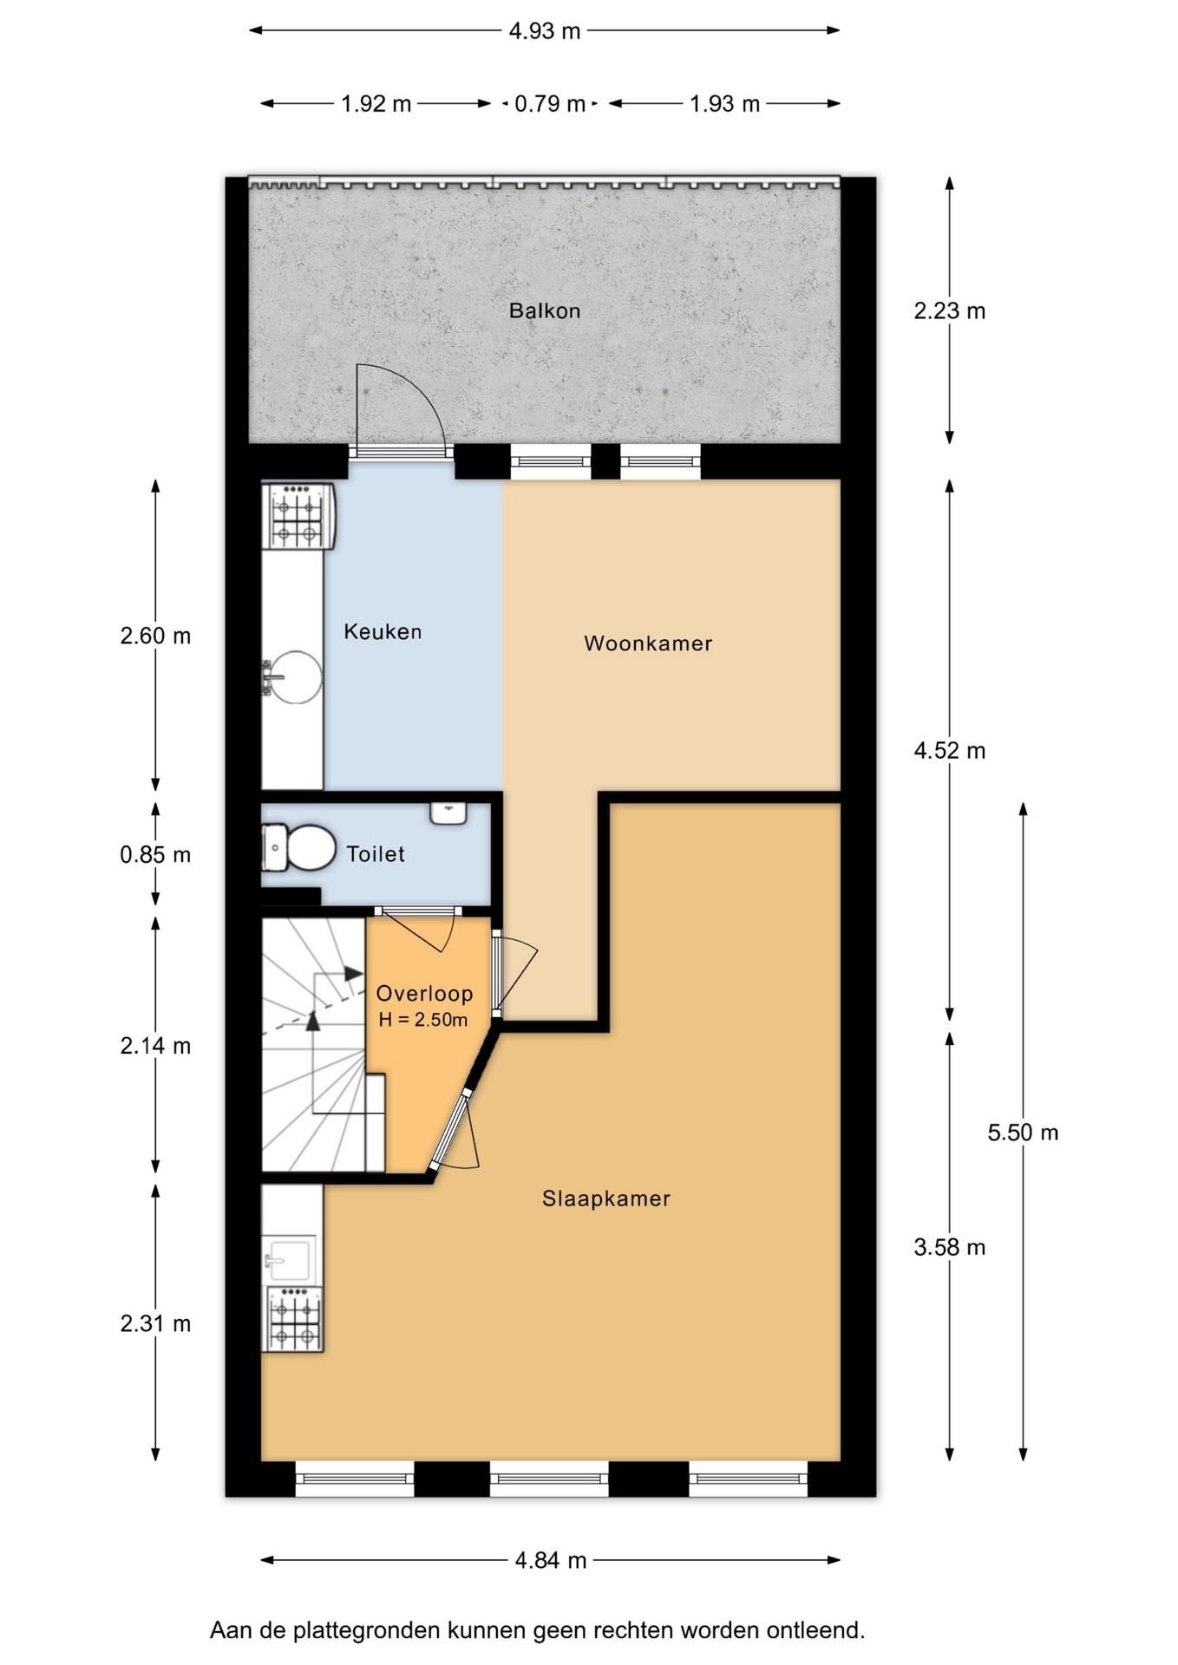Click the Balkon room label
tap(545, 310)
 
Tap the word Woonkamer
tap(648, 643)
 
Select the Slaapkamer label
tap(606, 1198)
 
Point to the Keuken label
tap(383, 631)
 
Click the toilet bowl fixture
tap(299, 847)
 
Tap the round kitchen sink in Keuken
tap(293, 677)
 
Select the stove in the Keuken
tap(298, 516)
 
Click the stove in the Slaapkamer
tap(294, 1319)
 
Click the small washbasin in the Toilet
tap(448, 813)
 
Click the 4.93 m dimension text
tap(545, 31)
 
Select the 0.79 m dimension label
tap(550, 104)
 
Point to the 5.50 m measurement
tap(1024, 1133)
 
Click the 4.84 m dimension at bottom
tap(551, 1561)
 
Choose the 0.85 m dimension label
tap(155, 855)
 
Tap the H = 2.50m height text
tap(423, 1020)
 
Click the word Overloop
tap(424, 994)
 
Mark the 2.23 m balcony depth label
tap(950, 310)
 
